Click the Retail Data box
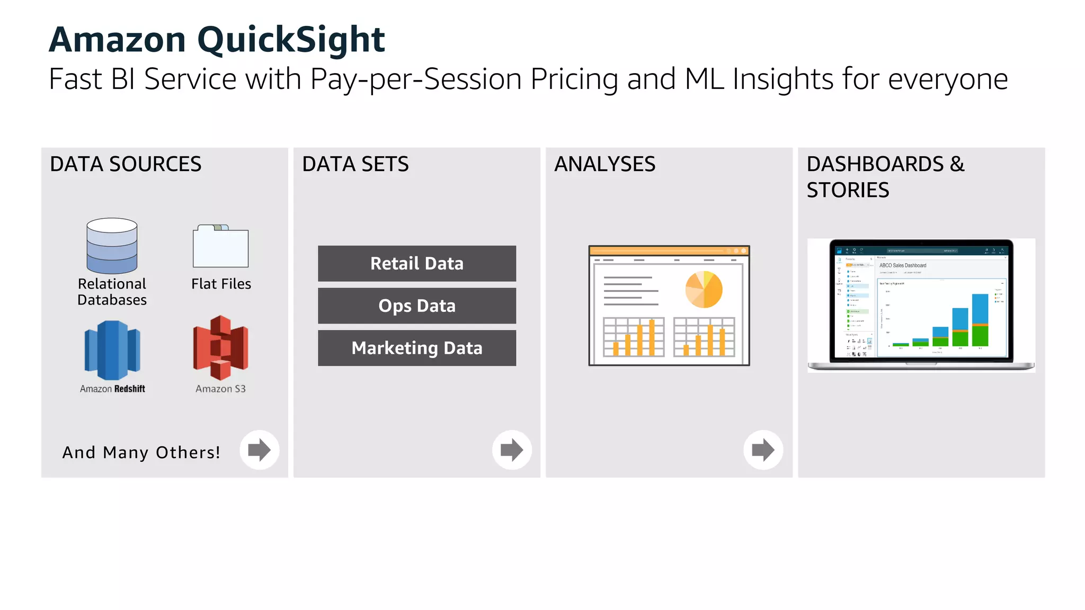pos(416,263)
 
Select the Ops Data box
pos(416,306)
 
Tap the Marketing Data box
pos(416,348)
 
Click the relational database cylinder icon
pos(112,246)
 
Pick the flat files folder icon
pos(220,247)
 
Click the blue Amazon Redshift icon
pos(112,350)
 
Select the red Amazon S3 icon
pos(220,348)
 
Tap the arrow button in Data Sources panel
pos(259,450)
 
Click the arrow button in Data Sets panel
pos(511,450)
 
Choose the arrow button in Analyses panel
pos(763,450)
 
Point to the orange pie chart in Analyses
pos(704,290)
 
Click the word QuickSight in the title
pos(291,40)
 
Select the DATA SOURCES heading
pos(126,164)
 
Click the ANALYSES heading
pos(604,164)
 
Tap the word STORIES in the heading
pos(848,190)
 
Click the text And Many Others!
pos(141,452)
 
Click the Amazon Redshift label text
pos(112,389)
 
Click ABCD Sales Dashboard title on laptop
pos(903,265)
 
